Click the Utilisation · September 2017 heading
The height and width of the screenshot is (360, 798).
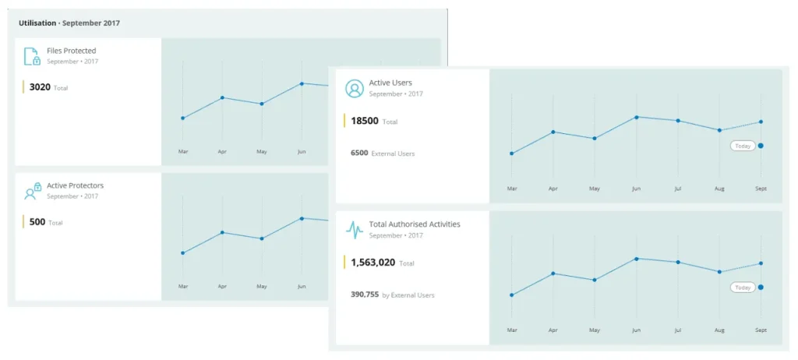(69, 23)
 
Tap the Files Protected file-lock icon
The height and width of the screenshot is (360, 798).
(32, 56)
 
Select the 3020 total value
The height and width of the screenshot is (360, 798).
(40, 87)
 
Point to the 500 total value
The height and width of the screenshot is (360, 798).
(37, 222)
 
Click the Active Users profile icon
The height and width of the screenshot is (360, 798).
(355, 88)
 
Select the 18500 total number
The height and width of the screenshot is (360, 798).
(365, 122)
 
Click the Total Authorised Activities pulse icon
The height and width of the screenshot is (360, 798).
(355, 230)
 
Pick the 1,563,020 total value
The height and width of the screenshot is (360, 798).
(373, 263)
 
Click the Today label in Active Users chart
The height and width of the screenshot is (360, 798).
(743, 146)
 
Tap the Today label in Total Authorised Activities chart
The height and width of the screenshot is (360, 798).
(743, 288)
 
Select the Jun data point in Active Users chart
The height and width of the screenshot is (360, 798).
(636, 117)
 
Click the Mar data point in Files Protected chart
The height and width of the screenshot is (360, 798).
(182, 118)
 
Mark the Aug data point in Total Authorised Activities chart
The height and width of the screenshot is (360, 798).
(719, 272)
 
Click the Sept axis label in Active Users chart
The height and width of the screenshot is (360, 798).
(761, 189)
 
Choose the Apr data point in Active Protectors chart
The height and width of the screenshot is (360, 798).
(222, 233)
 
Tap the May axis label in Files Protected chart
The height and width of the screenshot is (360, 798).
(262, 152)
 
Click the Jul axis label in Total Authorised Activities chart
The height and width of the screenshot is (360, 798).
(677, 330)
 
